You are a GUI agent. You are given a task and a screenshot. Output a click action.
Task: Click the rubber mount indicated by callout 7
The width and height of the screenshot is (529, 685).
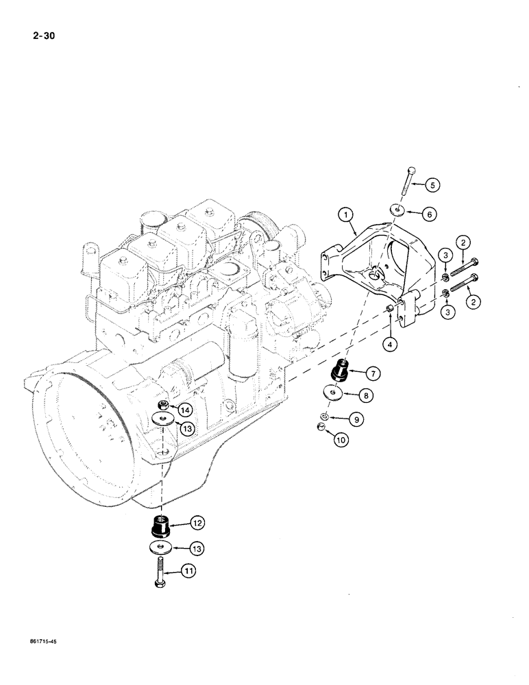pos(340,373)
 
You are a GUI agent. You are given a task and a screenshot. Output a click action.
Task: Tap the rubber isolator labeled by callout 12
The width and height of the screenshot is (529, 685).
pos(160,527)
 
